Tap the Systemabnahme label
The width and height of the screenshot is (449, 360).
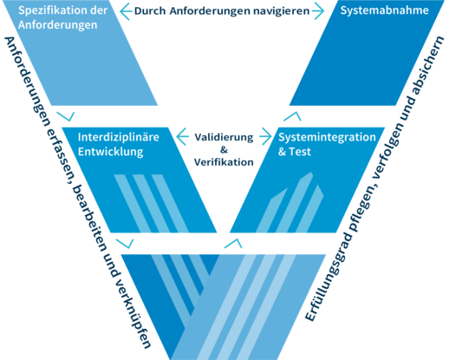(384, 10)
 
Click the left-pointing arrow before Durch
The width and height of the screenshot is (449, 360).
(126, 11)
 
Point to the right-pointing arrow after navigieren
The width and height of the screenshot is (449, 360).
(318, 11)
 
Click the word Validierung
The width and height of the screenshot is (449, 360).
(224, 137)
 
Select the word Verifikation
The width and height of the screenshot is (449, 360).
(224, 162)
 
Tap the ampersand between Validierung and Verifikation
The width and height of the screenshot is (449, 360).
(224, 150)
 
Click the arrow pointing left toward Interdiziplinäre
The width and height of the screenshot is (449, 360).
(183, 137)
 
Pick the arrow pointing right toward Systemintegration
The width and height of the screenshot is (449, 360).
(265, 136)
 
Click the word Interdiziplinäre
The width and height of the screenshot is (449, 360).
(119, 137)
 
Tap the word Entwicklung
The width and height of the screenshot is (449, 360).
(111, 152)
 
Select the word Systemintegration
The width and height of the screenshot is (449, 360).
(327, 137)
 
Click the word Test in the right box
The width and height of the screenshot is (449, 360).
(300, 152)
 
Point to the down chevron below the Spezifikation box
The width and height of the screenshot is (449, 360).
(66, 116)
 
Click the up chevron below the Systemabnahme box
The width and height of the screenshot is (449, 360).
(292, 116)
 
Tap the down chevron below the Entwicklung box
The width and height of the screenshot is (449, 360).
(125, 244)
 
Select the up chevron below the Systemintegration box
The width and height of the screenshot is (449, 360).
(233, 244)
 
